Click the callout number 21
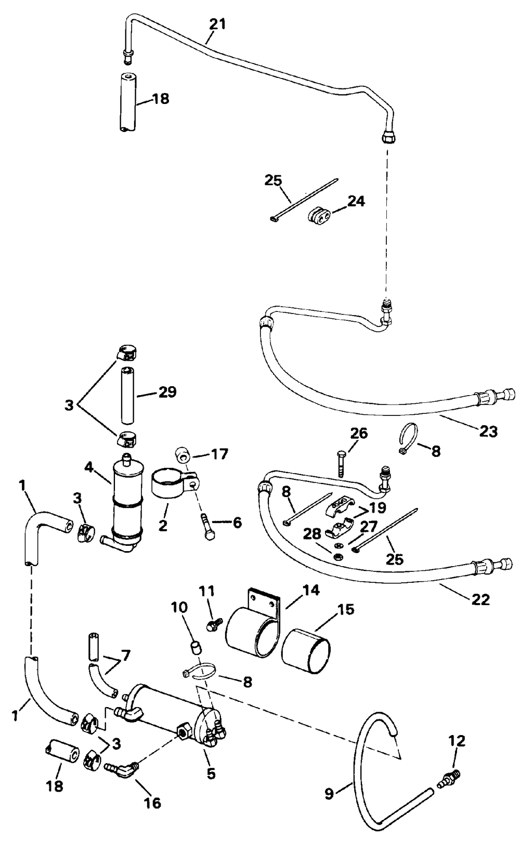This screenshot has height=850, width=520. tap(218, 24)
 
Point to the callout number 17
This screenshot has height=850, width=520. tap(219, 454)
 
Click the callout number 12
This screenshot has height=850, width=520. tap(457, 741)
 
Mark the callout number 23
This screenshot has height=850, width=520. tap(488, 431)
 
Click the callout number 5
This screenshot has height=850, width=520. tap(211, 773)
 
